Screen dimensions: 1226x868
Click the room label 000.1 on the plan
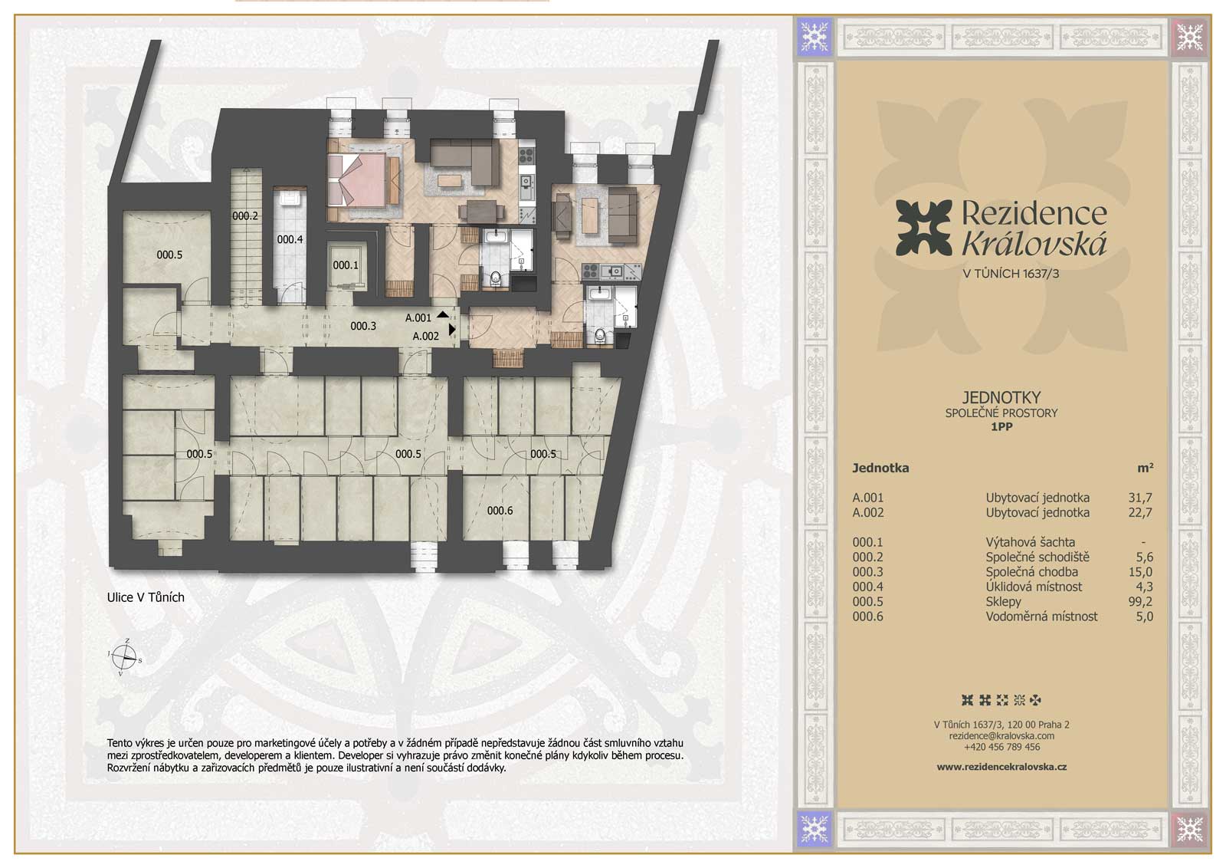click(x=346, y=265)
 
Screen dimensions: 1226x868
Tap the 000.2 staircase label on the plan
click(x=244, y=215)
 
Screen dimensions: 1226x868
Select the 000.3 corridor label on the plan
click(x=363, y=326)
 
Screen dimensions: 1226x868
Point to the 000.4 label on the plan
click(x=290, y=239)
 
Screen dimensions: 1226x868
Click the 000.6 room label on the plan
click(x=500, y=511)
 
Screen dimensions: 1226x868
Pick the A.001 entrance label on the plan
click(x=418, y=317)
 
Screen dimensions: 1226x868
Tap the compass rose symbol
click(x=125, y=656)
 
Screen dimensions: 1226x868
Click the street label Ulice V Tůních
click(x=146, y=597)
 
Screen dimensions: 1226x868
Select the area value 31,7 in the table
click(x=1139, y=498)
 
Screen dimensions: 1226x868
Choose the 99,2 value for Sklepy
click(x=1139, y=601)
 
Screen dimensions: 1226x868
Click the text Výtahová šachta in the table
click(x=1030, y=542)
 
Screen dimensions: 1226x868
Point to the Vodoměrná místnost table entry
click(x=1041, y=616)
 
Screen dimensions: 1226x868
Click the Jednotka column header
click(x=880, y=468)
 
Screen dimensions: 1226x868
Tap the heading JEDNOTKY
click(x=1001, y=397)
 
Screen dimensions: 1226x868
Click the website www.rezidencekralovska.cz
click(x=1001, y=767)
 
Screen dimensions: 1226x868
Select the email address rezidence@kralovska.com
click(x=1001, y=735)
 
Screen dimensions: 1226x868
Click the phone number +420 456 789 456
click(x=1001, y=746)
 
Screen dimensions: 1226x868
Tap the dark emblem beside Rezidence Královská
click(x=924, y=229)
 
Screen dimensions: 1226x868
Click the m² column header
click(x=1145, y=467)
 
